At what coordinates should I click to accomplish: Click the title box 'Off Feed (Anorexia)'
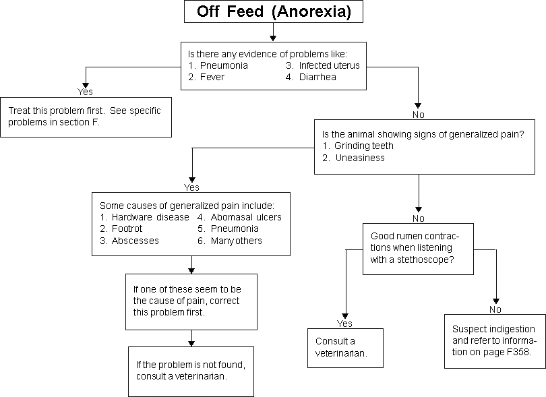point(274,11)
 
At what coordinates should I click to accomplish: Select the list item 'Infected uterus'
point(329,65)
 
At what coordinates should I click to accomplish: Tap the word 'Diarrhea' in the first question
point(317,77)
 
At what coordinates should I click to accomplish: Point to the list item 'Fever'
point(212,77)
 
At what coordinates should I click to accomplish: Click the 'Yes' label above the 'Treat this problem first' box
point(85,92)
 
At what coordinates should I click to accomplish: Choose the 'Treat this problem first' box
point(86,117)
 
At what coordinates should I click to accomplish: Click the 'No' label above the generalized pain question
point(418,115)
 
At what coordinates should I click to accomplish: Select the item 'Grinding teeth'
point(364,146)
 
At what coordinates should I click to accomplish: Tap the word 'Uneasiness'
point(360,158)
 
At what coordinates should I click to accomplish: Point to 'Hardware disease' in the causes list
point(150,217)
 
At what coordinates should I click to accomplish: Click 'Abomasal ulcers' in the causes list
point(246,217)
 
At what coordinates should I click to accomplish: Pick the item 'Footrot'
point(127,228)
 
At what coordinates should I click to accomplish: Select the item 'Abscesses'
point(135,241)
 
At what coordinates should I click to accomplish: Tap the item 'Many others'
point(237,241)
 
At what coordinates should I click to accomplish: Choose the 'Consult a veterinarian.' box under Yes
point(345,348)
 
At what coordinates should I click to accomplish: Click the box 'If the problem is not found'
point(191,371)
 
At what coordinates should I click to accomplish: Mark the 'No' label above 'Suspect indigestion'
point(495,309)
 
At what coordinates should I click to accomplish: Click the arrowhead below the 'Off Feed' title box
point(274,38)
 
